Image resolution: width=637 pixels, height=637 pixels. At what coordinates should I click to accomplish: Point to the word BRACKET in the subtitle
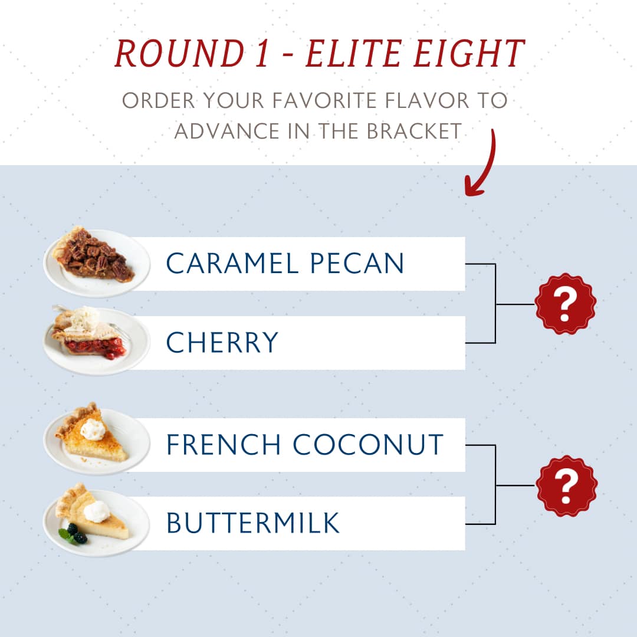tap(414, 131)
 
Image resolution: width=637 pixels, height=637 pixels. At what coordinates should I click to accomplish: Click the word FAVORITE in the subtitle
tap(324, 100)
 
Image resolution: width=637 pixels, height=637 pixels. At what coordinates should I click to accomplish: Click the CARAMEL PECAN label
tap(285, 263)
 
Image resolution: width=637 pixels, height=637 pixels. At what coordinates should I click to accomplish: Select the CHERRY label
tap(222, 342)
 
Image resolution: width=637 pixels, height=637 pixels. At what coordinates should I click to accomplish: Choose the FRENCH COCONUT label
tap(305, 444)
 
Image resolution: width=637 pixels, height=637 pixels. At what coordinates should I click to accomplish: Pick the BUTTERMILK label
tap(252, 523)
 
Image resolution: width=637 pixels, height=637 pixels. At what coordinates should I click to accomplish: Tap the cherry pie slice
tap(88, 333)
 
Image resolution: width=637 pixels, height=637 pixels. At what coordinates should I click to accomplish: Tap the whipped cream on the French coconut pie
tap(93, 429)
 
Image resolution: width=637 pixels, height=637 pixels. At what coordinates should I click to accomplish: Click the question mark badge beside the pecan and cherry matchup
tap(565, 304)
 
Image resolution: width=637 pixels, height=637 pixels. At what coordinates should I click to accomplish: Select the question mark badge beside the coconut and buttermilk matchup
tap(566, 485)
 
